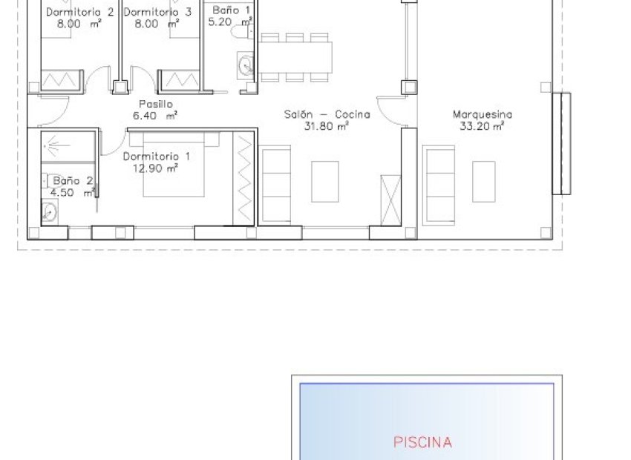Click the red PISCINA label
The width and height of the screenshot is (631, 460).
(x=422, y=442)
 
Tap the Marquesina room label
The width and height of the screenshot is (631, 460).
(x=482, y=114)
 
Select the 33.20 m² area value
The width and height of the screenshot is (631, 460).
(x=482, y=126)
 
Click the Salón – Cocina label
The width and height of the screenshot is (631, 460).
(x=327, y=114)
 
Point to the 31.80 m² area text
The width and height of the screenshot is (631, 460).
(x=326, y=126)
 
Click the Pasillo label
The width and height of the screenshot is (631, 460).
(x=156, y=104)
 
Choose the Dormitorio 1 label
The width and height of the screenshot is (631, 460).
(x=156, y=156)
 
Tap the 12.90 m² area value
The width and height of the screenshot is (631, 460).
(x=155, y=168)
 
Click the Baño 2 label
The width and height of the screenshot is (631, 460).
(x=73, y=181)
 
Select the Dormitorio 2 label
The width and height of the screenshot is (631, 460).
(x=80, y=12)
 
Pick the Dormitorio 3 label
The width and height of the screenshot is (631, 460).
(x=157, y=12)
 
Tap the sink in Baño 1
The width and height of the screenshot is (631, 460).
(x=245, y=65)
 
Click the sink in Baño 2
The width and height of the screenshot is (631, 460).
(x=49, y=212)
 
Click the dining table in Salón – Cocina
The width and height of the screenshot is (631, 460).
(x=295, y=56)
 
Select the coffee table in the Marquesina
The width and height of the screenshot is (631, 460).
(x=484, y=181)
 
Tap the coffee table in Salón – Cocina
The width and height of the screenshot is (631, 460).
(x=324, y=181)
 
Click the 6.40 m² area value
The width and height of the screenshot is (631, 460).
(x=155, y=116)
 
